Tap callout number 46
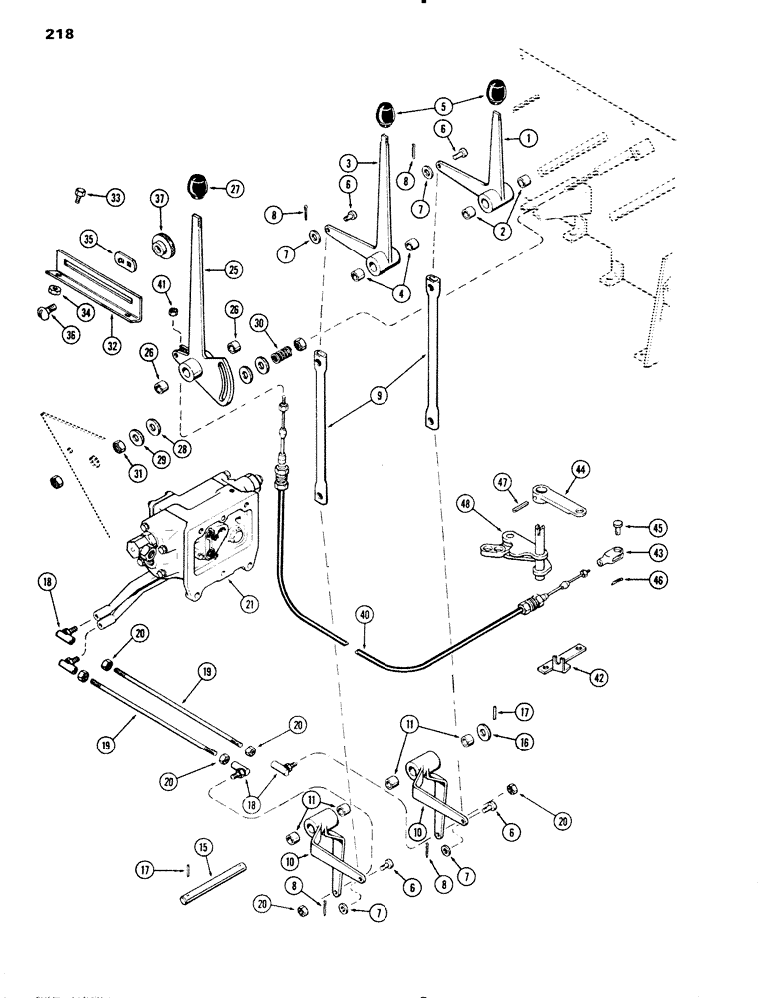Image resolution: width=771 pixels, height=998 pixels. (658, 579)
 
